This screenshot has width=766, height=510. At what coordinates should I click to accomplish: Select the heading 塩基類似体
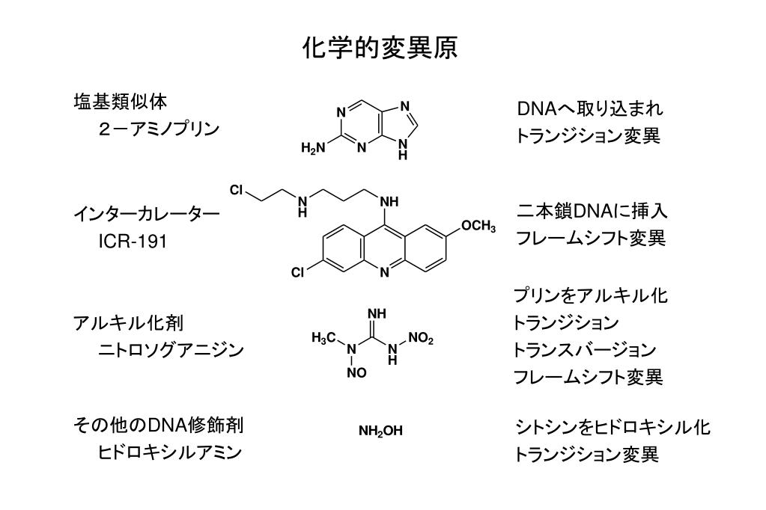[x=119, y=100]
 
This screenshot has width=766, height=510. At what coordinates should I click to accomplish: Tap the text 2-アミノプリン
[x=159, y=129]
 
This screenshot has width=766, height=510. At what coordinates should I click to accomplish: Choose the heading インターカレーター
[x=147, y=215]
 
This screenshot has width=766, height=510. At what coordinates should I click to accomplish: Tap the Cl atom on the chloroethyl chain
[x=237, y=191]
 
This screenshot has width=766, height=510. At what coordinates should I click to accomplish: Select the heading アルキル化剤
[x=128, y=323]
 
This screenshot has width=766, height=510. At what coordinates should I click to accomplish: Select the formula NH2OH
[x=380, y=431]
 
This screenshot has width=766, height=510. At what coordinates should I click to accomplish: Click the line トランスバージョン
[x=585, y=350]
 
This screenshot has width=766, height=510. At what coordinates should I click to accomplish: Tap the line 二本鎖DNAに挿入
[x=592, y=212]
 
